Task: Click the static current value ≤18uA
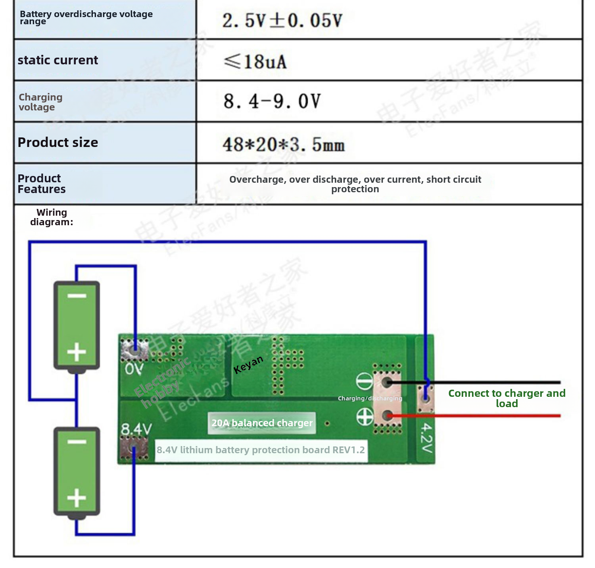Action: (255, 62)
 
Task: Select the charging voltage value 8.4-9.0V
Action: (272, 101)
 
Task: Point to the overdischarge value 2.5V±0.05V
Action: (282, 21)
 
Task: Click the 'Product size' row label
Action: (58, 142)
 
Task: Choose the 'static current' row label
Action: (58, 60)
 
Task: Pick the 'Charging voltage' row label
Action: (40, 102)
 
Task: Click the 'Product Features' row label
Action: (42, 184)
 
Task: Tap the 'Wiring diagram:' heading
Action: (52, 217)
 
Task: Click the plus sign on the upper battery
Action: (77, 352)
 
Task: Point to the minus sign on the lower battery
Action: (77, 442)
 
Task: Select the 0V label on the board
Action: (134, 369)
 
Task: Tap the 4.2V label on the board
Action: (426, 438)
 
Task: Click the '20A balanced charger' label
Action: (262, 423)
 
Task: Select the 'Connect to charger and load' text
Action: (507, 398)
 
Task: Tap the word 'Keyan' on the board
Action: (248, 364)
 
